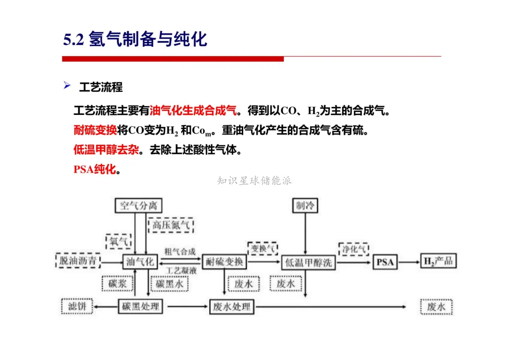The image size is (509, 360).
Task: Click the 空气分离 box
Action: click(x=139, y=206)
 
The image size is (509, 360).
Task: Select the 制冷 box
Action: click(x=305, y=206)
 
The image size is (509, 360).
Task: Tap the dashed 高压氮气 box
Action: click(x=171, y=225)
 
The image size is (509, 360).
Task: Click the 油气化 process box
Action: click(x=139, y=262)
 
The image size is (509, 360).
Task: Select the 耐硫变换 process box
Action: click(x=224, y=262)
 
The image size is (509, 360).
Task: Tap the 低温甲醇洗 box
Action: click(x=309, y=262)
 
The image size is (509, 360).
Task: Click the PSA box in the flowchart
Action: click(x=385, y=262)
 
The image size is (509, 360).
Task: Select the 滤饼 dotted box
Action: click(x=77, y=307)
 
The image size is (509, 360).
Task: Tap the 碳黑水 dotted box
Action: click(x=169, y=284)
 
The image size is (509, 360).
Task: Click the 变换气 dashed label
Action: click(x=263, y=248)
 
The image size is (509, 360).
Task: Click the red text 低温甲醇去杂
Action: click(x=106, y=150)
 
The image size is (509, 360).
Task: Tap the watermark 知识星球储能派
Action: click(x=254, y=180)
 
